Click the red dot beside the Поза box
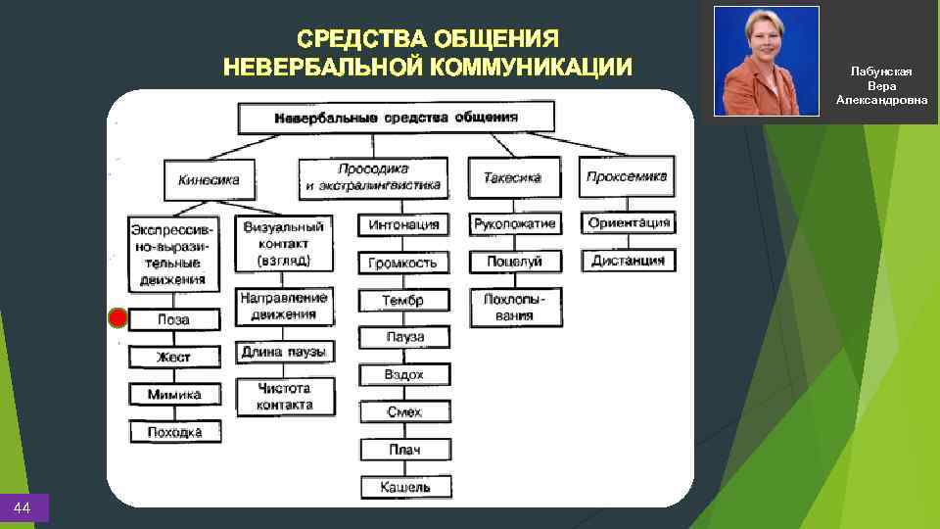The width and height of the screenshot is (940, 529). tap(117, 318)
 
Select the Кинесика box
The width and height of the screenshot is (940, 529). tap(208, 180)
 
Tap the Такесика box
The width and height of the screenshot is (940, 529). tap(512, 178)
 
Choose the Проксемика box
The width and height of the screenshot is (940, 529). tap(627, 176)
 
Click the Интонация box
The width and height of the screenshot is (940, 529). tap(403, 224)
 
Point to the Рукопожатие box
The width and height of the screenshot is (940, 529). tap(514, 224)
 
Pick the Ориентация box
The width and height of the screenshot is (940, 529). tap(629, 222)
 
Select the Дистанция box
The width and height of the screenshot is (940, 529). tap(629, 261)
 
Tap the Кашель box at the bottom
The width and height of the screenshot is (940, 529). tap(404, 487)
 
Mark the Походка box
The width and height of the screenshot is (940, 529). tap(174, 431)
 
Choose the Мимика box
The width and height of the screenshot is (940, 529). tap(174, 395)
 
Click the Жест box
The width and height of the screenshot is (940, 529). tap(174, 358)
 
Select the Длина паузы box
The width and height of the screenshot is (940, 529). tap(284, 352)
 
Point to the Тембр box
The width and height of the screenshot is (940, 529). tap(403, 300)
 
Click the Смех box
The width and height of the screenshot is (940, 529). tap(404, 412)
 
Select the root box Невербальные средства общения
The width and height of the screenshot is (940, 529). tap(396, 118)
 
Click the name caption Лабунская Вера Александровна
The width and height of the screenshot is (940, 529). tap(881, 86)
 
